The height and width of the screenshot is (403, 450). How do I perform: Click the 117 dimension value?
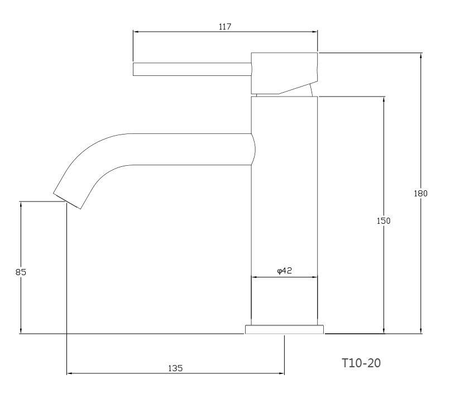point(225,27)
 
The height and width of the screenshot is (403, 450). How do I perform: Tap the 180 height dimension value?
point(421,193)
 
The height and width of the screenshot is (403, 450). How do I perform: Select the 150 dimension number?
point(384,221)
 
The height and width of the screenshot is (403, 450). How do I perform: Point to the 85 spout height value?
point(21,272)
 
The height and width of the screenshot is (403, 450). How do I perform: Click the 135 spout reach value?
point(175,368)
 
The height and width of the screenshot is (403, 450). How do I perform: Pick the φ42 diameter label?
point(284,271)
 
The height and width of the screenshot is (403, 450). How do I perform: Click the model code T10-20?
point(361,363)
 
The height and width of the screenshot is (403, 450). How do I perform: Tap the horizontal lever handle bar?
point(192,69)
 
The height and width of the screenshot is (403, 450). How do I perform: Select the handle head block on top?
point(284,73)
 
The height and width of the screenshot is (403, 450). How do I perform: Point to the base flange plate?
point(284,329)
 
